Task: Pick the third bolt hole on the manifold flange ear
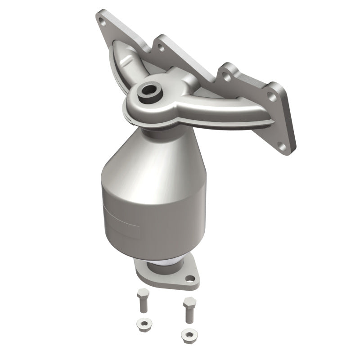click(227, 77)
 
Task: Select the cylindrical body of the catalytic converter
click(153, 211)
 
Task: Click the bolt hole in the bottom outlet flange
click(189, 279)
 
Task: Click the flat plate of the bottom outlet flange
click(148, 277)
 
